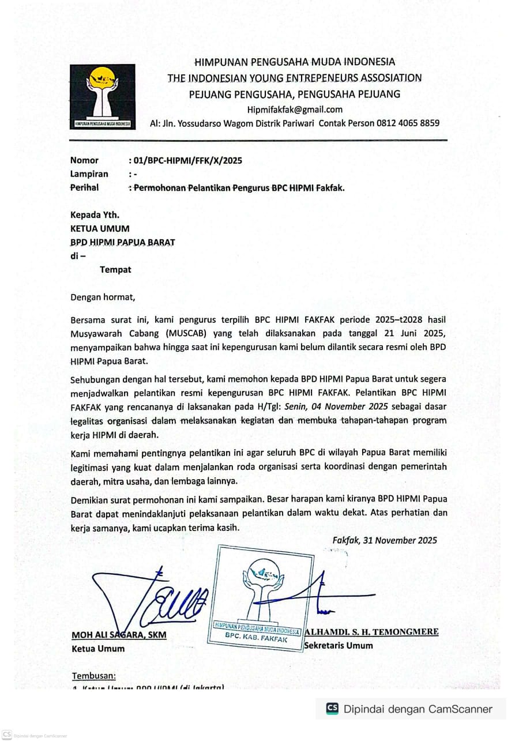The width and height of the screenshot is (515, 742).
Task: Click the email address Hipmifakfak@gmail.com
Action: click(295, 110)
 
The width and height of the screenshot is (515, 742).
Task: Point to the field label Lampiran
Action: click(89, 174)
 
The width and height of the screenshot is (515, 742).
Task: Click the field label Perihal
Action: click(84, 187)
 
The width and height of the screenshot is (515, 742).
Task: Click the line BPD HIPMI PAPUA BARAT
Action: click(122, 242)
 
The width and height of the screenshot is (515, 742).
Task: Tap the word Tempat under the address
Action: click(115, 269)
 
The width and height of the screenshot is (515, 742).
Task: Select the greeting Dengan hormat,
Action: click(102, 297)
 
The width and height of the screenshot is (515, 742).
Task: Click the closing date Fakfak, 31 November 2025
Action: click(384, 540)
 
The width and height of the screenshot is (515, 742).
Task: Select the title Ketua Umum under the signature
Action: click(97, 648)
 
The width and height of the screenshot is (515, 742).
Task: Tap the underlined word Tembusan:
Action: click(93, 676)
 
